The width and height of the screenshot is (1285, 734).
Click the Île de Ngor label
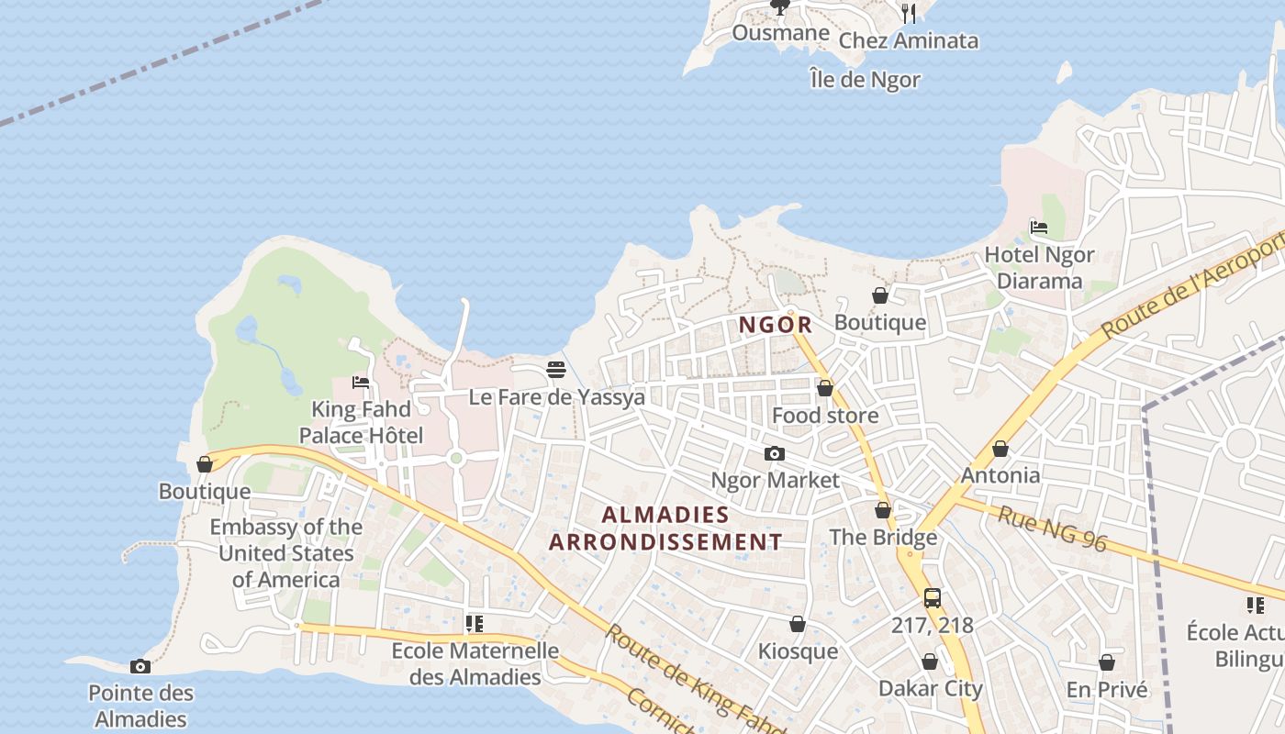(x=865, y=80)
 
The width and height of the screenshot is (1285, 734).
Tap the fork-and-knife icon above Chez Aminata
(x=909, y=12)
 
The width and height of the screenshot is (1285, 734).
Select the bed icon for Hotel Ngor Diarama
(x=1039, y=228)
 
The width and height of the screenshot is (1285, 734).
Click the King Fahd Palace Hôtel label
(x=362, y=422)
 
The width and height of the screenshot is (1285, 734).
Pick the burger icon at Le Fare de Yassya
(x=556, y=370)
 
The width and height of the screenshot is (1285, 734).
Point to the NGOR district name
(x=776, y=325)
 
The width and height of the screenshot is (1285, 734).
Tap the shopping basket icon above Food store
(x=825, y=388)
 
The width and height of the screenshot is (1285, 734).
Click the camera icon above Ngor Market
(x=775, y=453)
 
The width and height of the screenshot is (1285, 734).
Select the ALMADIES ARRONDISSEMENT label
(x=665, y=528)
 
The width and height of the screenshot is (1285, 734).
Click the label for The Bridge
(x=883, y=537)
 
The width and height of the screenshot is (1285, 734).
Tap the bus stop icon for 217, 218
(x=933, y=598)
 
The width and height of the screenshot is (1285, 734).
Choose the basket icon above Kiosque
(x=798, y=624)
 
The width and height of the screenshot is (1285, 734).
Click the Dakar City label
(x=930, y=688)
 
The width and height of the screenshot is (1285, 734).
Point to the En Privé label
(x=1107, y=690)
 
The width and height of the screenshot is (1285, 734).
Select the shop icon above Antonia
(x=1000, y=449)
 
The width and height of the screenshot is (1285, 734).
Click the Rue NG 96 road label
(x=1053, y=529)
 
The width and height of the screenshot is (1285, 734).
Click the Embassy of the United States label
(x=285, y=553)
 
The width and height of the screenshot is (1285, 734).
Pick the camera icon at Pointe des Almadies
(x=140, y=666)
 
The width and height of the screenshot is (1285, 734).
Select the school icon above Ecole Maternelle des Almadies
(x=475, y=624)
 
